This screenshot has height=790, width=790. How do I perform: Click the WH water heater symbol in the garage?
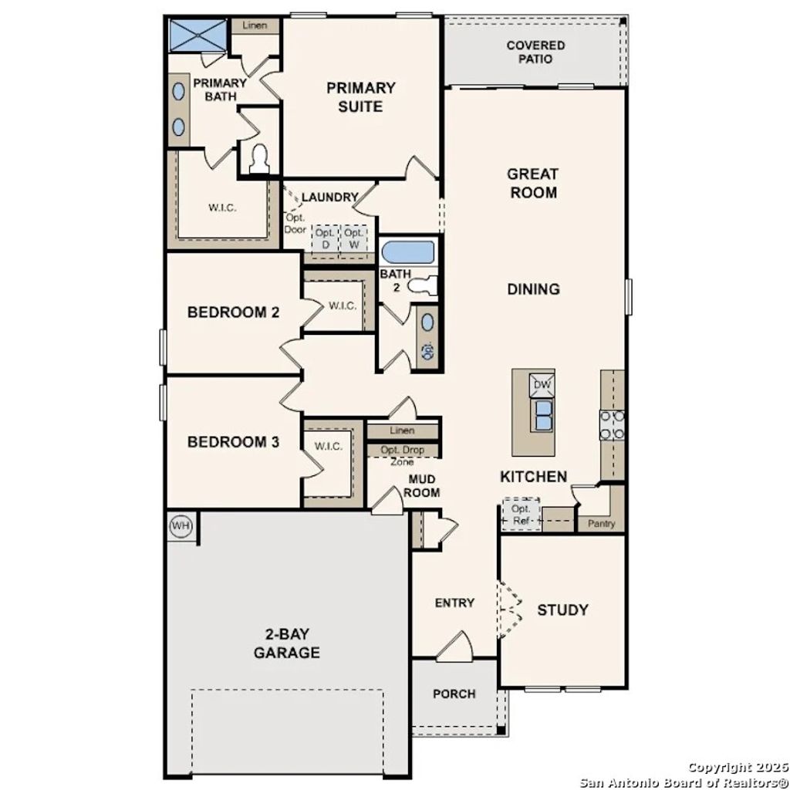point(181,527)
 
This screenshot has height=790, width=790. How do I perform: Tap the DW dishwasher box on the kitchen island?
point(542,384)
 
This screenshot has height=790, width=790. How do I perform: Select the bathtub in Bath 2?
point(408,252)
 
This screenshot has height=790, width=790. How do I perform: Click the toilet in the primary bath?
point(258,158)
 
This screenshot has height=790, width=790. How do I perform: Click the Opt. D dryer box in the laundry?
point(325,238)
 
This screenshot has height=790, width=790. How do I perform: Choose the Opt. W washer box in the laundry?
point(354,238)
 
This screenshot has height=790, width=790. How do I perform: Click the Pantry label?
point(601,524)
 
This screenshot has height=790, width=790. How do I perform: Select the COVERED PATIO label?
point(535,52)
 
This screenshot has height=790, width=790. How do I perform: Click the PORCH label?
point(454,694)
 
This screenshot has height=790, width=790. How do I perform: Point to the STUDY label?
point(562,609)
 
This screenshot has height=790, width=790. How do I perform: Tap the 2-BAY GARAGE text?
point(286,644)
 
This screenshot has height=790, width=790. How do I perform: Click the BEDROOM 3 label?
point(233,442)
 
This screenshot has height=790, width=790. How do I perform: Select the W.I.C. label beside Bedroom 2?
point(342,306)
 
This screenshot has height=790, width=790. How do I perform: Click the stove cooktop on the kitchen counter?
point(613,425)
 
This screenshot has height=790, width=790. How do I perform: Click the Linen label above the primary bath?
point(255,25)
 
